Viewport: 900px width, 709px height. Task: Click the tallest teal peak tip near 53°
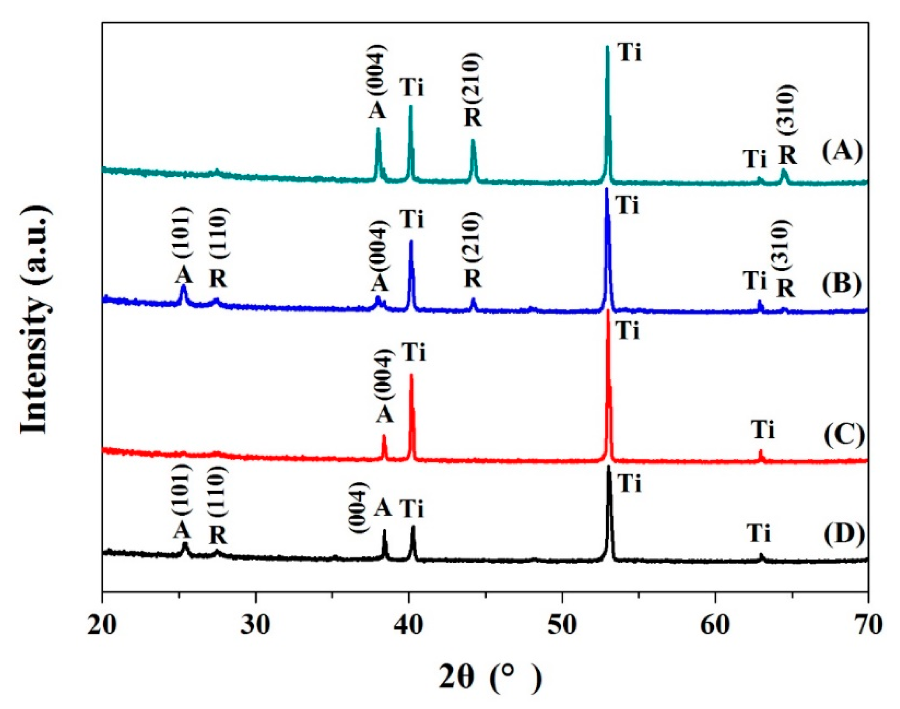pyautogui.click(x=607, y=46)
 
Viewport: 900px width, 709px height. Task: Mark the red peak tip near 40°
pyautogui.click(x=412, y=375)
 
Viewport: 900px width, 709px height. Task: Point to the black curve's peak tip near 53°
pyautogui.click(x=609, y=467)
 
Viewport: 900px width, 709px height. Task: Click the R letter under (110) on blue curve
pyautogui.click(x=218, y=279)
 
